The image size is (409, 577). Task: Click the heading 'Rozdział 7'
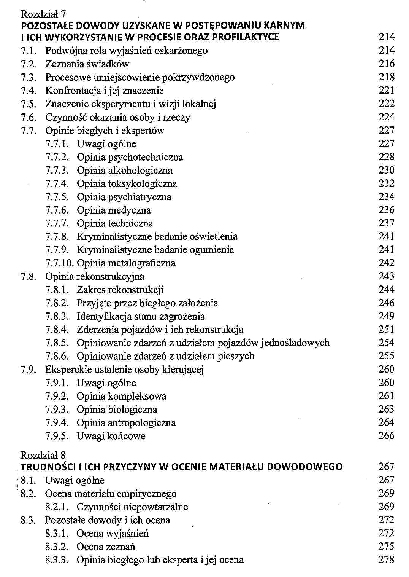coord(43,14)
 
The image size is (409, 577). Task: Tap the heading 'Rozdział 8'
coord(43,455)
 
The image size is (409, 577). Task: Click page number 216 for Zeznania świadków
coord(387,64)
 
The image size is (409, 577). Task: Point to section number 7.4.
coord(29,91)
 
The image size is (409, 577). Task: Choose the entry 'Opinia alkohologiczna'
coord(125,170)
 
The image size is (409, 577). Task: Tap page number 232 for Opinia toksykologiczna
coord(387,183)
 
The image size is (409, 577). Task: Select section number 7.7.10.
coord(60,263)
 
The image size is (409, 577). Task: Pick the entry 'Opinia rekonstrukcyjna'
coord(95,276)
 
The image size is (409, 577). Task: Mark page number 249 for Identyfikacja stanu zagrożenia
coord(387,316)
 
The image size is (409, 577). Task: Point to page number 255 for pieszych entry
coord(387,356)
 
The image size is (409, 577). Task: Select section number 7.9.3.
coord(57,410)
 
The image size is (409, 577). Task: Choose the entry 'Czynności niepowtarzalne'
coord(132,507)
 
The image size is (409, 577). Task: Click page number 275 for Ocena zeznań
coord(387,547)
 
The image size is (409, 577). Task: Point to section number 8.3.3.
coord(57,560)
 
